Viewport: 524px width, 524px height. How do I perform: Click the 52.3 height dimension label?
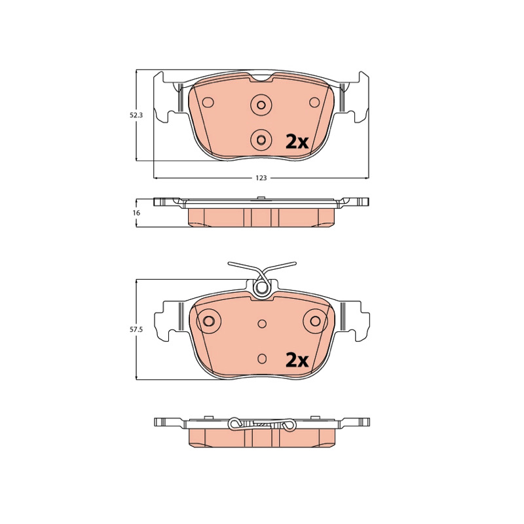136,115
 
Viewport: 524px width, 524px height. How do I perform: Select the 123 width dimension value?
261,178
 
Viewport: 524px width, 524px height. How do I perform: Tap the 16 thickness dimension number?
136,213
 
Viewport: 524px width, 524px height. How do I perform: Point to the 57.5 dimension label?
136,329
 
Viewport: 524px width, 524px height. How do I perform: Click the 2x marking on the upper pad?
297,142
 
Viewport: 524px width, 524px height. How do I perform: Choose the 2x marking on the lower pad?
297,361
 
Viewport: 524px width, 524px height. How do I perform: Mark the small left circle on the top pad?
208,102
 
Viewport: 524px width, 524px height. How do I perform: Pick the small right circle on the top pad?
314,102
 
